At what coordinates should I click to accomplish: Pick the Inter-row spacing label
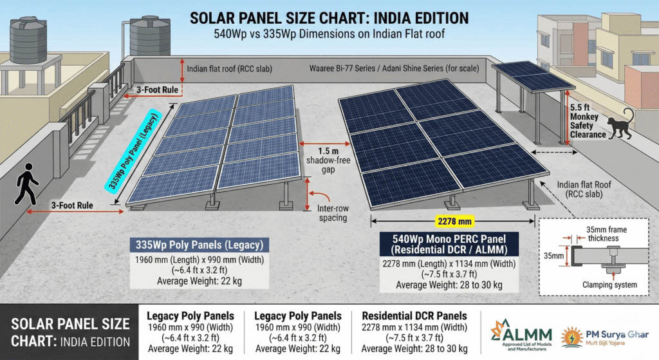[x=333, y=213]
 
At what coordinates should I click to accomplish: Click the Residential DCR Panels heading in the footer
[x=414, y=316]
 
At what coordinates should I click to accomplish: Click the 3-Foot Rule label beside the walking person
[x=71, y=205]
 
